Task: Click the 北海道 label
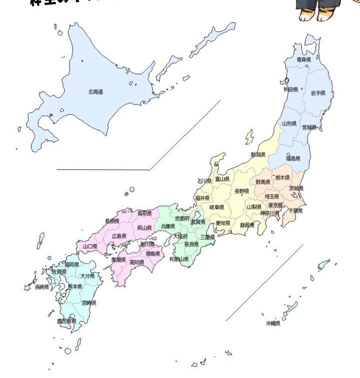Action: (x=96, y=91)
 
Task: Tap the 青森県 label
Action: (x=304, y=60)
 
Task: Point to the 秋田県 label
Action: (x=291, y=89)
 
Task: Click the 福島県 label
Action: (x=293, y=158)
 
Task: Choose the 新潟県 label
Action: (x=258, y=155)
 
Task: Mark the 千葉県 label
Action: (x=296, y=210)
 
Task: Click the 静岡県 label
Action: (x=247, y=225)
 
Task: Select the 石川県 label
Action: (x=204, y=181)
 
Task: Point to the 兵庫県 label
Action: (x=168, y=226)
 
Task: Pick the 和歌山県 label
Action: (x=179, y=259)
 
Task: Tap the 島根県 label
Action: (x=112, y=220)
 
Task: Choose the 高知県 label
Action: (x=137, y=261)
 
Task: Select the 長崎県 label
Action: (x=41, y=287)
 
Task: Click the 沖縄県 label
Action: (x=273, y=323)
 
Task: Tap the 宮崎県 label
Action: (x=89, y=302)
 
